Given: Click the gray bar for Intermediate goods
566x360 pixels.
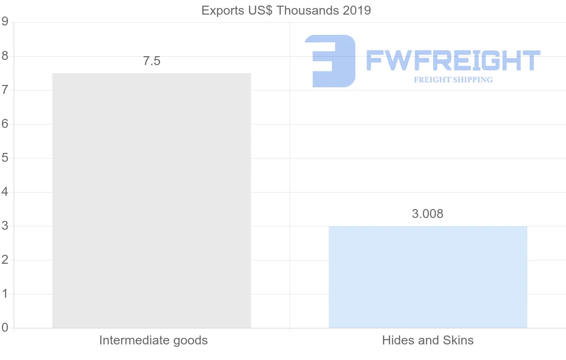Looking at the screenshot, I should click(x=151, y=201).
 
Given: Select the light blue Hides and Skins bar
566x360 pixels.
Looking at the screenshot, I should click(x=428, y=277).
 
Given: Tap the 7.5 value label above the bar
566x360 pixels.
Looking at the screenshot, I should click(x=152, y=61).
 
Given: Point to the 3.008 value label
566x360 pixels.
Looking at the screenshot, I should click(x=428, y=214).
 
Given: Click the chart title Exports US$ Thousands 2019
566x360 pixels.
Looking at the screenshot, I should click(x=286, y=10).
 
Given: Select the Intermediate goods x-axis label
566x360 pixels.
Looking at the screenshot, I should click(x=153, y=340).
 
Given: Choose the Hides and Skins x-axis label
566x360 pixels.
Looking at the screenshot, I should click(x=428, y=340).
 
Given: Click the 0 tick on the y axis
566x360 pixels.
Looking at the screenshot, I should click(x=5, y=328).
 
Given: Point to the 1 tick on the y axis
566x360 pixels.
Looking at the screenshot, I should click(x=5, y=294).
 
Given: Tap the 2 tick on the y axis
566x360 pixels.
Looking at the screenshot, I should click(x=5, y=260).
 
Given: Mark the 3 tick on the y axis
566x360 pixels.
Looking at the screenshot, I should click(x=5, y=226).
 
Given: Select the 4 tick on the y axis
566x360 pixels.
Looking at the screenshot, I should click(x=5, y=192).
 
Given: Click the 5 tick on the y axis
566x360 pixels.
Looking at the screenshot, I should click(x=5, y=158).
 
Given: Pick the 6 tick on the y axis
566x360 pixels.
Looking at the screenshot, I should click(x=5, y=124).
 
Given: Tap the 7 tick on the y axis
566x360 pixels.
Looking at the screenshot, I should click(x=5, y=90).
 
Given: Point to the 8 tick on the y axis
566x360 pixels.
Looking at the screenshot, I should click(x=5, y=56).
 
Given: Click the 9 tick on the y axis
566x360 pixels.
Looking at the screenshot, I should click(x=5, y=22).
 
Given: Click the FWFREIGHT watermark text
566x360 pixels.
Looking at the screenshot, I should click(x=453, y=60).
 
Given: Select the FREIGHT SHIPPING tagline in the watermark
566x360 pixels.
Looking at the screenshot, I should click(x=453, y=80).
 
